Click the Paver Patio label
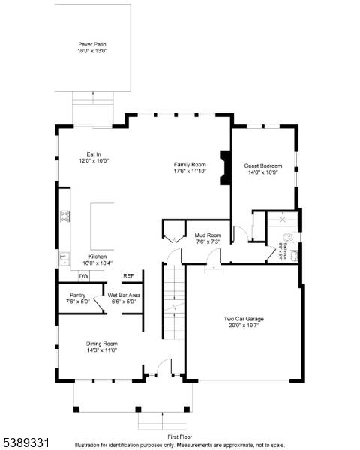pyautogui.click(x=92, y=45)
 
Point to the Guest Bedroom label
pyautogui.click(x=262, y=166)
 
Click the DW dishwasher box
pyautogui.click(x=84, y=276)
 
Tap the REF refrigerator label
pyautogui.click(x=128, y=276)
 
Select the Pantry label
pyautogui.click(x=77, y=295)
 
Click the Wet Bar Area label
pyautogui.click(x=123, y=295)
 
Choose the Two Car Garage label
pyautogui.click(x=243, y=319)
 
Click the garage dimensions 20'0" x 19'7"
pyautogui.click(x=243, y=325)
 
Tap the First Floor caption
pyautogui.click(x=180, y=435)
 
